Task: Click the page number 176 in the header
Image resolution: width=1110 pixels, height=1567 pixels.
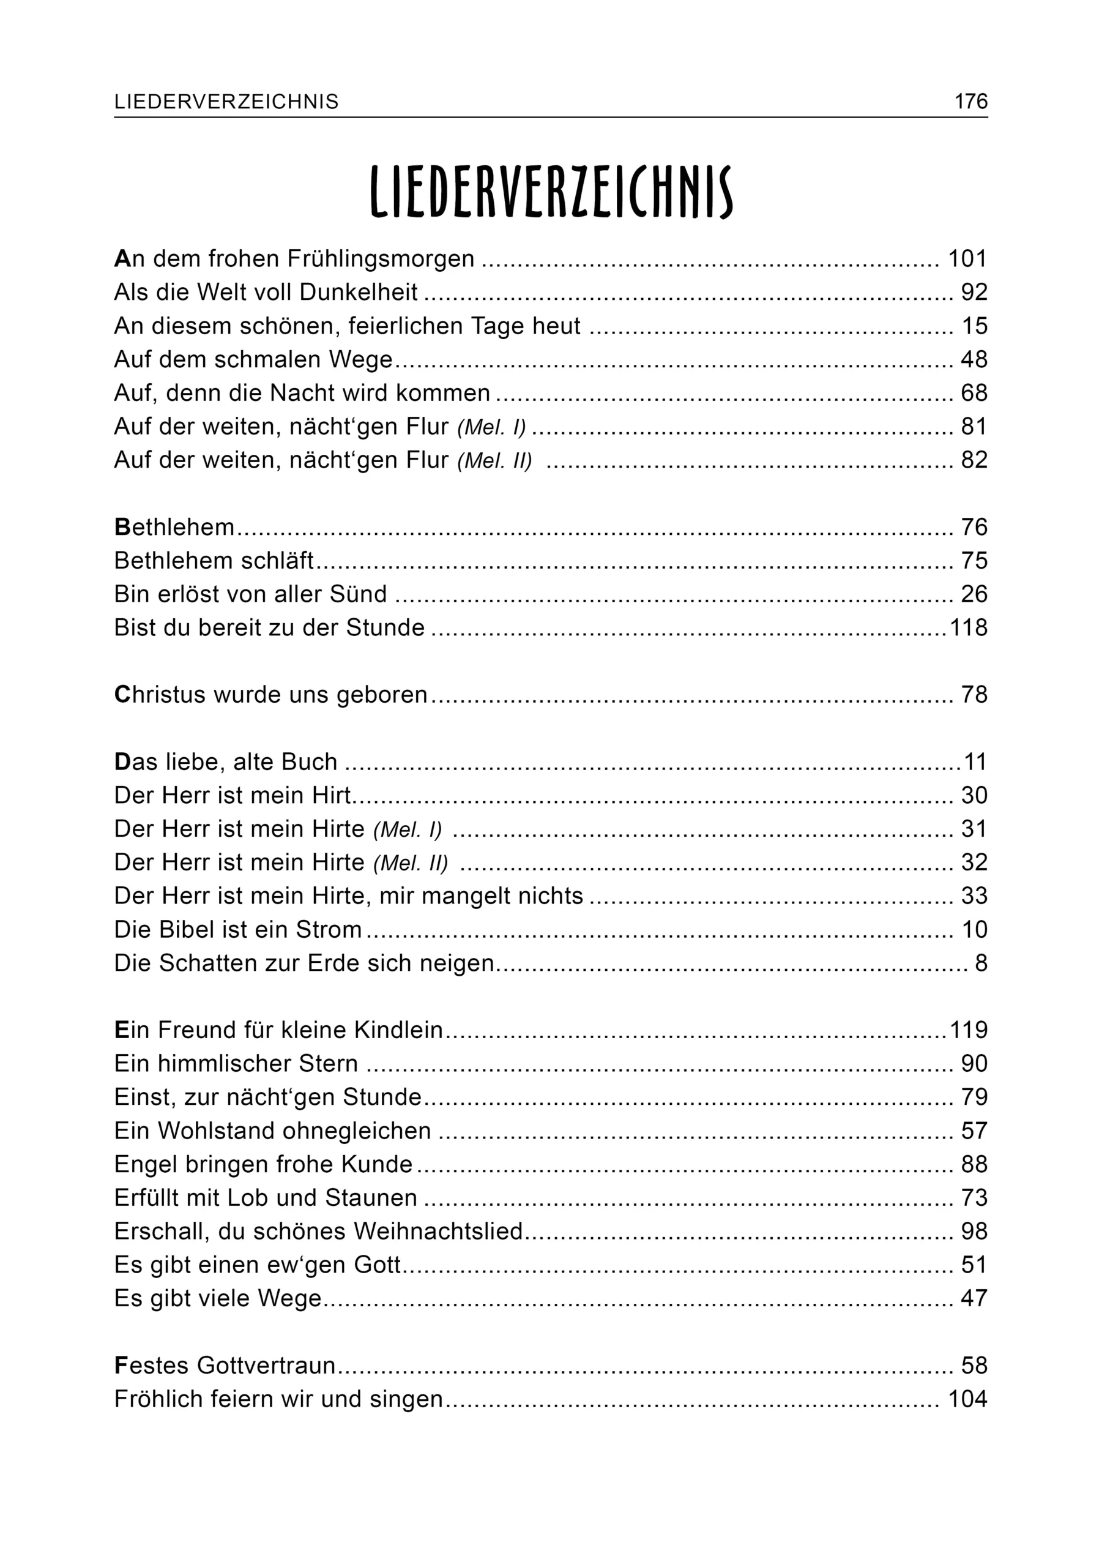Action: tap(970, 102)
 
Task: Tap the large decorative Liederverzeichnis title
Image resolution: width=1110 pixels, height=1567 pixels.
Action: tap(551, 193)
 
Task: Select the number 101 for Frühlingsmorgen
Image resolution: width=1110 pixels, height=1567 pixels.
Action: tap(967, 259)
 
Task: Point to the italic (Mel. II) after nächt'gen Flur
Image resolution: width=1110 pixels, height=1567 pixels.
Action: tap(494, 461)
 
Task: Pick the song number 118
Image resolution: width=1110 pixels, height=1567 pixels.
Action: tap(969, 627)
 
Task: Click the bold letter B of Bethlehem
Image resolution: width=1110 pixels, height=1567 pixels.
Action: tap(122, 527)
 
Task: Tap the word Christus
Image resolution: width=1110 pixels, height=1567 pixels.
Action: tap(160, 695)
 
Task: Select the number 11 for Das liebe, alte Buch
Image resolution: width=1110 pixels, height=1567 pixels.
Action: tap(975, 761)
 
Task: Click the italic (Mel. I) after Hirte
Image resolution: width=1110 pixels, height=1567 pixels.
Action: tap(408, 829)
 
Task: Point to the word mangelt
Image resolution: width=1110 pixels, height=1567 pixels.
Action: tap(468, 896)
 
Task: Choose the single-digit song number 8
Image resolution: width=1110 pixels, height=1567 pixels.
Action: tap(981, 963)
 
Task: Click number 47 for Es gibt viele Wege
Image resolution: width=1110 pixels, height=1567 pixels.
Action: tap(974, 1298)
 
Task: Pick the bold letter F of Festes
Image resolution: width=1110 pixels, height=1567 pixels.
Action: tap(122, 1366)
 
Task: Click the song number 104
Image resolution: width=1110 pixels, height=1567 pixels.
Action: tap(967, 1399)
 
